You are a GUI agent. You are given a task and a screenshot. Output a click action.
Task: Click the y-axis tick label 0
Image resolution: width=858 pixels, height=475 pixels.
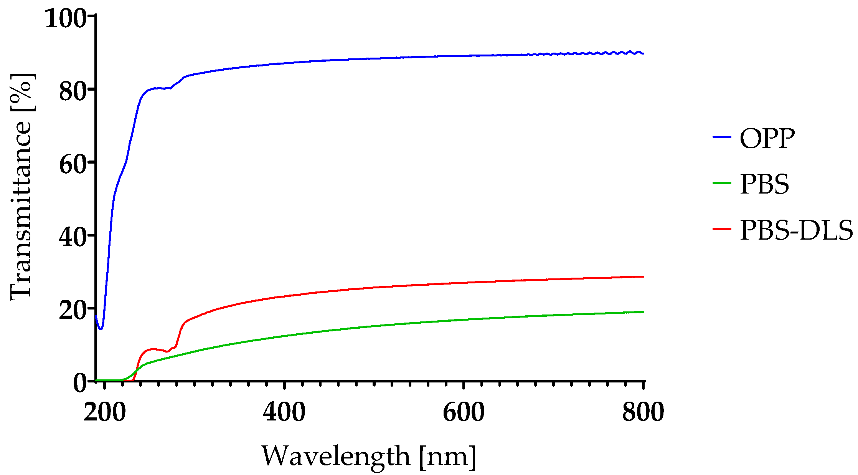(81, 383)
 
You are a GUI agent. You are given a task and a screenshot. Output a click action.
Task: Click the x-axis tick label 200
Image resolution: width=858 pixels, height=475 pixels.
(104, 413)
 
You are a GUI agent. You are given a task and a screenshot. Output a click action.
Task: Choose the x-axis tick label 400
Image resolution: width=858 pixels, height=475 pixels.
(284, 413)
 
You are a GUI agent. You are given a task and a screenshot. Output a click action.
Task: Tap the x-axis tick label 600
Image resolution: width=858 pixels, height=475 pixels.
(464, 413)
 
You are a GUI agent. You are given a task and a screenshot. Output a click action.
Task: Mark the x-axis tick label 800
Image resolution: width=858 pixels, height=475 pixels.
(643, 413)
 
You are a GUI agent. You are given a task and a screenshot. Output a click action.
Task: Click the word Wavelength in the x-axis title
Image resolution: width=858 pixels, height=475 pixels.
(336, 456)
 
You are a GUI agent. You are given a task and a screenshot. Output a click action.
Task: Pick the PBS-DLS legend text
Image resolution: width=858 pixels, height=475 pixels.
(796, 230)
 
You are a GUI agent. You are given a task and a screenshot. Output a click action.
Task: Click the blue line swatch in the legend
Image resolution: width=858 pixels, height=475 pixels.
(722, 137)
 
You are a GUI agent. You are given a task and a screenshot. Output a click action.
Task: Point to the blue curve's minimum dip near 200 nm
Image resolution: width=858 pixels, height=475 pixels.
(101, 329)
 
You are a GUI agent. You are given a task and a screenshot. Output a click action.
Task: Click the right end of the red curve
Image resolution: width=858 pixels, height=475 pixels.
(643, 276)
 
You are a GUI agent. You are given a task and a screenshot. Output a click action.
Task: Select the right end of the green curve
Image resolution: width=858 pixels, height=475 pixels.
(643, 312)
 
